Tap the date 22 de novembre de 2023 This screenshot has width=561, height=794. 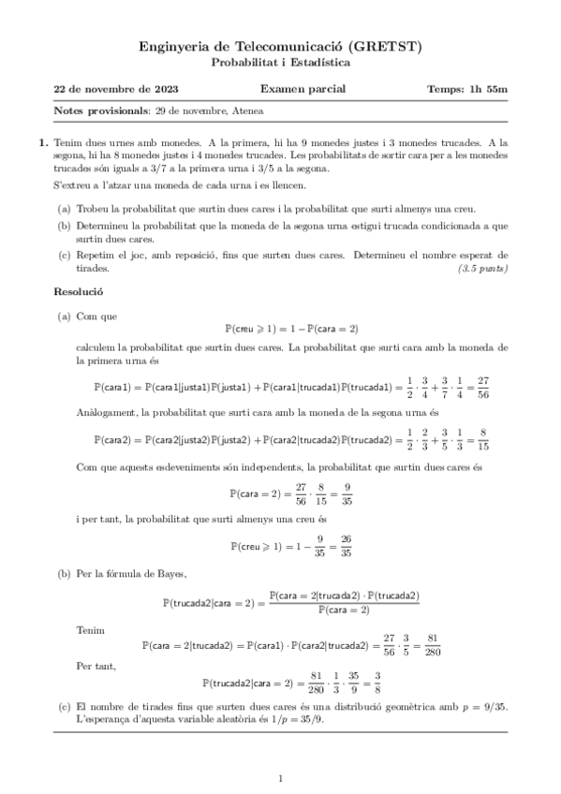coord(116,89)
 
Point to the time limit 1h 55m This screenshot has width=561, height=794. coord(488,89)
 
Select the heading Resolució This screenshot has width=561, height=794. coord(79,292)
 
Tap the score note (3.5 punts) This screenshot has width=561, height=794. coord(482,268)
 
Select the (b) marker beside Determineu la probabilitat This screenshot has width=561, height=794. coord(64,226)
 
